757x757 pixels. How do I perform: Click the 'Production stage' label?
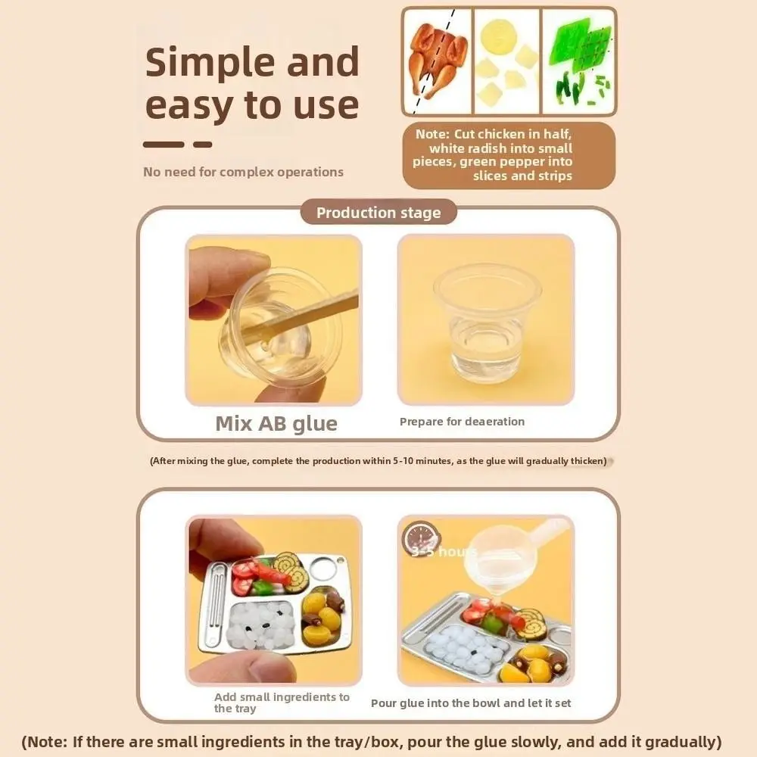tap(378, 213)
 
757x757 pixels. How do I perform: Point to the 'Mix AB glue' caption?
tap(276, 423)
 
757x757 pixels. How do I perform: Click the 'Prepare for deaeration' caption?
tap(462, 422)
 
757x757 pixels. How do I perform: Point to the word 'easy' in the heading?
tap(192, 105)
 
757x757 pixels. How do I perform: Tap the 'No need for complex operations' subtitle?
tap(243, 172)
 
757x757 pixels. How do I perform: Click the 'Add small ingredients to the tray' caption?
tap(281, 702)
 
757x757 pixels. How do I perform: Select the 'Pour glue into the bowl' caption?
tap(471, 703)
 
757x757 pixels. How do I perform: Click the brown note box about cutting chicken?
tap(509, 155)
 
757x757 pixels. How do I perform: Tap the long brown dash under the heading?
tap(164, 144)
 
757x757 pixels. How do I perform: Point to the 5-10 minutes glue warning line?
tap(378, 460)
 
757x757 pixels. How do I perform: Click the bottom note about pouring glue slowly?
tap(372, 741)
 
